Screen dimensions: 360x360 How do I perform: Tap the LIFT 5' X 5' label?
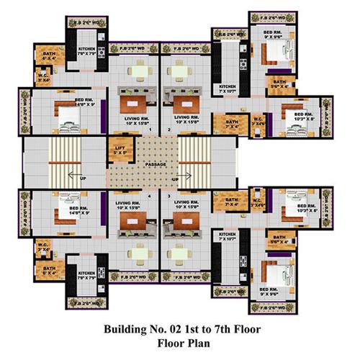point(120,151)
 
